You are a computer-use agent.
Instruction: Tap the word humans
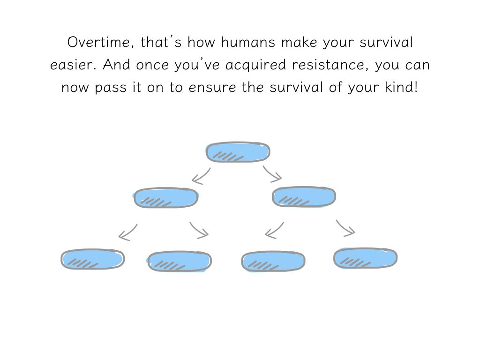pyautogui.click(x=248, y=42)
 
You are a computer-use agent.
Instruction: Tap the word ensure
pyautogui.click(x=212, y=88)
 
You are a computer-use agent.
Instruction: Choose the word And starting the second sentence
pyautogui.click(x=116, y=64)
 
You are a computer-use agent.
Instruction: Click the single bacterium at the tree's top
pyautogui.click(x=238, y=152)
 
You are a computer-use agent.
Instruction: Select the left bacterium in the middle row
pyautogui.click(x=165, y=198)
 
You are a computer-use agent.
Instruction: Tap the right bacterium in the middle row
pyautogui.click(x=304, y=197)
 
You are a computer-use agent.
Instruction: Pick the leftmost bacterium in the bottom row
pyautogui.click(x=92, y=259)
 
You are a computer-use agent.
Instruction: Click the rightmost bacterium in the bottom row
pyautogui.click(x=365, y=258)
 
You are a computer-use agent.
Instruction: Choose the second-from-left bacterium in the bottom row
pyautogui.click(x=180, y=262)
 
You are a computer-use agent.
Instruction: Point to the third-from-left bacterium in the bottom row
pyautogui.click(x=273, y=262)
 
